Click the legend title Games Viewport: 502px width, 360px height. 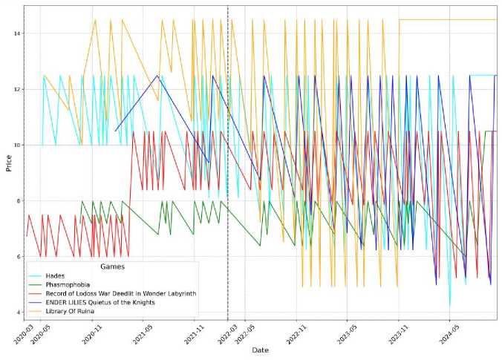coord(113,266)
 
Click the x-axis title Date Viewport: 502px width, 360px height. coord(260,350)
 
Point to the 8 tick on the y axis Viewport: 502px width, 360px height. coord(18,200)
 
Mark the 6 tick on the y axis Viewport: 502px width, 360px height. coord(18,257)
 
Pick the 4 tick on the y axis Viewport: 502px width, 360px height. coord(18,312)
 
